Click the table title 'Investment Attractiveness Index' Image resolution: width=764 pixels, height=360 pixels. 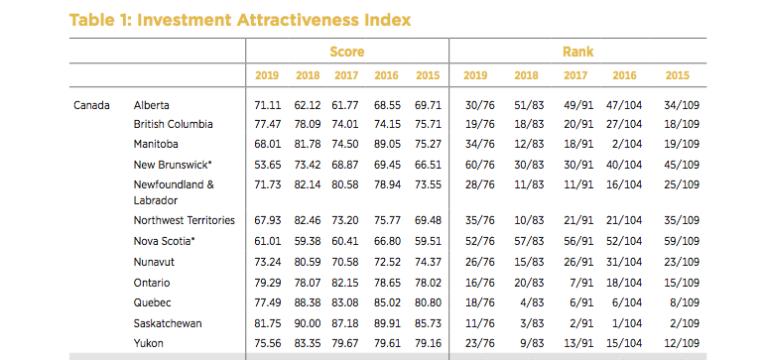click(274, 20)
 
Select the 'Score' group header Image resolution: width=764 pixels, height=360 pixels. click(347, 52)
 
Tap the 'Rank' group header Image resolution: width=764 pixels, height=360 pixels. click(577, 52)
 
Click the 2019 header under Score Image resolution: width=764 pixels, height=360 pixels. click(267, 75)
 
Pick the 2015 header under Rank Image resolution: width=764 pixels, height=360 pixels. click(678, 75)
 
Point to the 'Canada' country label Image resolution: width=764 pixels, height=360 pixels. click(91, 105)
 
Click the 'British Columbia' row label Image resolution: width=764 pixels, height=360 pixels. click(173, 124)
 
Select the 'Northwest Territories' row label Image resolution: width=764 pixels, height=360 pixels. click(185, 220)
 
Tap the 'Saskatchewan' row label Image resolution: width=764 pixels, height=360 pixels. click(168, 323)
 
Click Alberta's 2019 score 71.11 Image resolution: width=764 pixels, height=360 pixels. click(268, 105)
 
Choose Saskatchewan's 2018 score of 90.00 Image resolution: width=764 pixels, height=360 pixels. click(307, 323)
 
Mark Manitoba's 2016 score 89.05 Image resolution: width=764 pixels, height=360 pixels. click(387, 144)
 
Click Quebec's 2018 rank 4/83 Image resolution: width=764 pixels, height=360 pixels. click(531, 302)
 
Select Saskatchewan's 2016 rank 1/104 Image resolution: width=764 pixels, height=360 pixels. click(627, 323)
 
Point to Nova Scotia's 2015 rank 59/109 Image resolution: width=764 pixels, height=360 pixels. click(682, 241)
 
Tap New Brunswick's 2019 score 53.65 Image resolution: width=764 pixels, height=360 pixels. click(268, 165)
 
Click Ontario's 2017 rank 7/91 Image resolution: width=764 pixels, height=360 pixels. click(581, 283)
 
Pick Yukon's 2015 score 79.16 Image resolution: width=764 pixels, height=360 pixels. click(428, 343)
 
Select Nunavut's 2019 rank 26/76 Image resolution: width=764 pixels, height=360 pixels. click(479, 262)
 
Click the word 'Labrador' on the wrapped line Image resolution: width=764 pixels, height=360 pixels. click(156, 200)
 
